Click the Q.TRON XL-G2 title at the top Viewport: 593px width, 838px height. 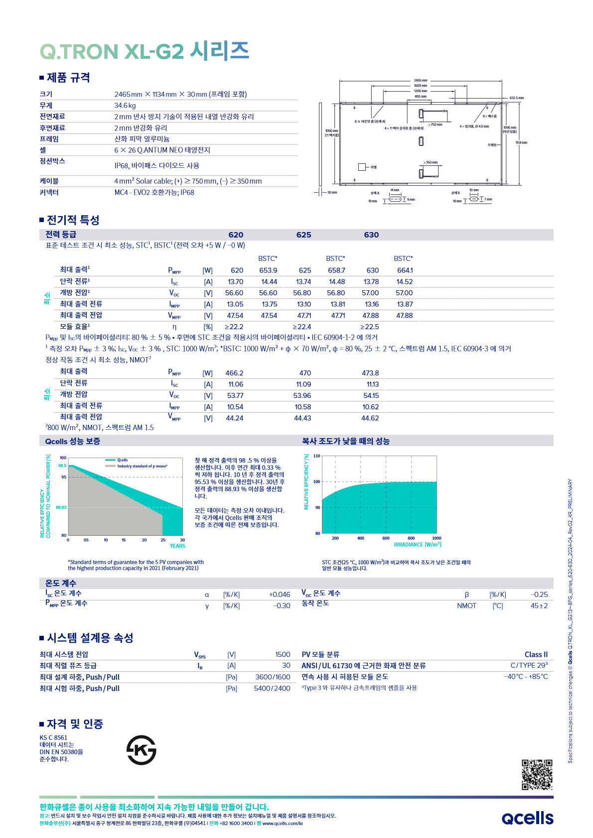pyautogui.click(x=144, y=51)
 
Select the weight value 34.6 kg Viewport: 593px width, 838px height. pyautogui.click(x=125, y=106)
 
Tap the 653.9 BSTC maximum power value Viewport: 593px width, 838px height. pyautogui.click(x=268, y=270)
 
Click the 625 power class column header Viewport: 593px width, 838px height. pyautogui.click(x=303, y=235)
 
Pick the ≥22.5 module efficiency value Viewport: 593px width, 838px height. pyautogui.click(x=370, y=327)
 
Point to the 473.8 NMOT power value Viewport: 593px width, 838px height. pyautogui.click(x=370, y=373)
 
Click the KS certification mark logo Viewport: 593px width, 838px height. pyautogui.click(x=141, y=750)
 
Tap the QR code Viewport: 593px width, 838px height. pyautogui.click(x=537, y=774)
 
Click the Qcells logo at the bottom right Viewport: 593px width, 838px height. pyautogui.click(x=527, y=818)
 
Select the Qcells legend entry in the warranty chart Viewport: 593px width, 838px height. pyautogui.click(x=122, y=460)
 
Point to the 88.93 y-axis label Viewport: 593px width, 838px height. pyautogui.click(x=61, y=507)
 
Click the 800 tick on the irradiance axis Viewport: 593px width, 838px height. pyautogui.click(x=411, y=538)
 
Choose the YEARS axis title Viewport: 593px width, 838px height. pyautogui.click(x=177, y=546)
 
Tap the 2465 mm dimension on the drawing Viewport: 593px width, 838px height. pyautogui.click(x=421, y=80)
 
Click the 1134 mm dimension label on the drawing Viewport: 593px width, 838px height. pyautogui.click(x=521, y=143)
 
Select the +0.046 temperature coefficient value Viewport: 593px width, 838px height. pyautogui.click(x=280, y=595)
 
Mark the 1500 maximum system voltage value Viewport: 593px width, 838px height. pyautogui.click(x=283, y=655)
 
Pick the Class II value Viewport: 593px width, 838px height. pyautogui.click(x=536, y=655)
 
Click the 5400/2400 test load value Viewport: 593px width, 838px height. pyautogui.click(x=272, y=689)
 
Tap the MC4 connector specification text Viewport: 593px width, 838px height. pyautogui.click(x=154, y=193)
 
